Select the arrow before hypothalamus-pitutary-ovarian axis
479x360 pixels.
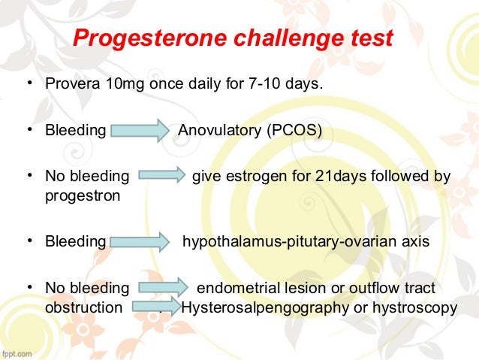coord(140,241)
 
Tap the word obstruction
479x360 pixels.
coord(84,307)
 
